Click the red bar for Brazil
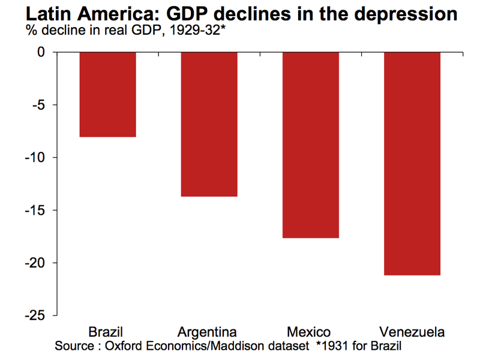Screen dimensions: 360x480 pos(108,95)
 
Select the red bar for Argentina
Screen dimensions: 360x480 pos(209,124)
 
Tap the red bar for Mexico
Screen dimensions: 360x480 pos(310,145)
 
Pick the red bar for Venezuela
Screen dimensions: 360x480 pos(412,164)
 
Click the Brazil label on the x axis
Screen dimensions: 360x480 pos(106,332)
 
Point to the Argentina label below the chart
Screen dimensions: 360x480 pos(207,332)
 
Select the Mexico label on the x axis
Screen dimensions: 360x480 pos(308,332)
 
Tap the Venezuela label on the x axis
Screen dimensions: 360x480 pos(412,332)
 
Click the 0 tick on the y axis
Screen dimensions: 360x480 pos(41,52)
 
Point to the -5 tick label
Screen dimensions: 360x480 pos(38,105)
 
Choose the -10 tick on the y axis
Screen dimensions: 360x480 pos(35,158)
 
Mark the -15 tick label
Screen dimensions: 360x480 pos(35,211)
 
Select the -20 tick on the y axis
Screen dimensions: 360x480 pos(35,263)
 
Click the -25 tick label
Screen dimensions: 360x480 pos(35,316)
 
